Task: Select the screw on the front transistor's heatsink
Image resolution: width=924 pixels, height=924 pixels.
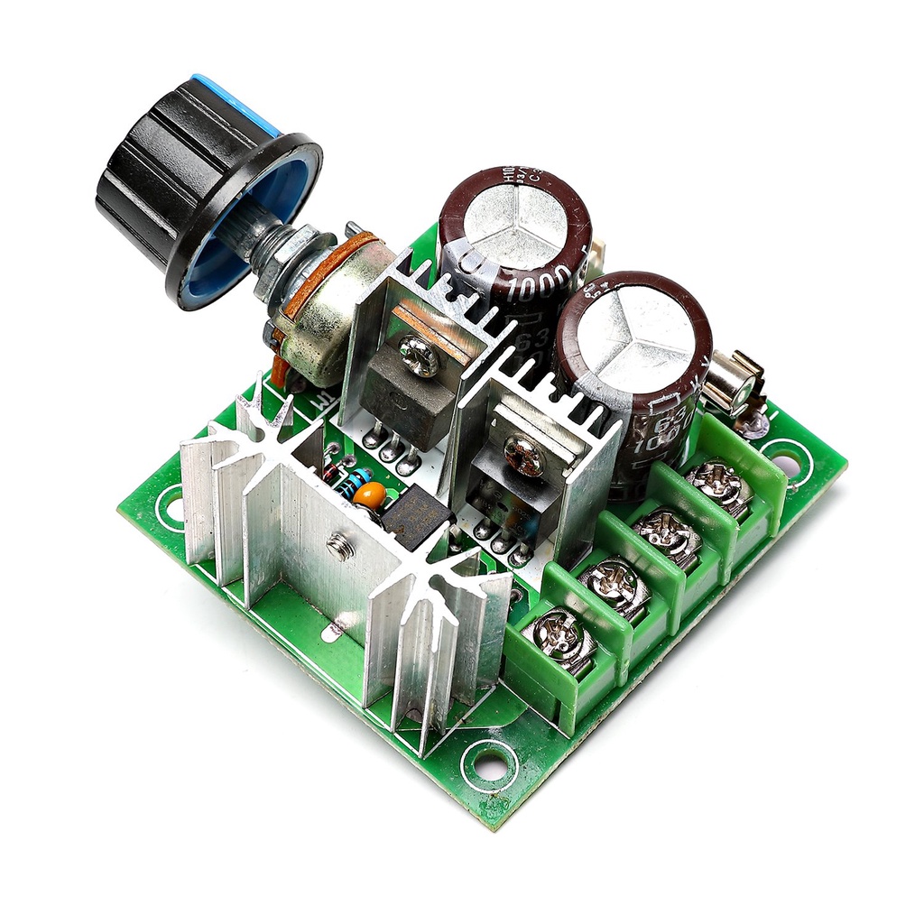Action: (x=524, y=457)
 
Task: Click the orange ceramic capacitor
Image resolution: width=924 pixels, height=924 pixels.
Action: (x=369, y=495)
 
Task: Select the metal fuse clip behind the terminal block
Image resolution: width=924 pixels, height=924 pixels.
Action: (x=734, y=383)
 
